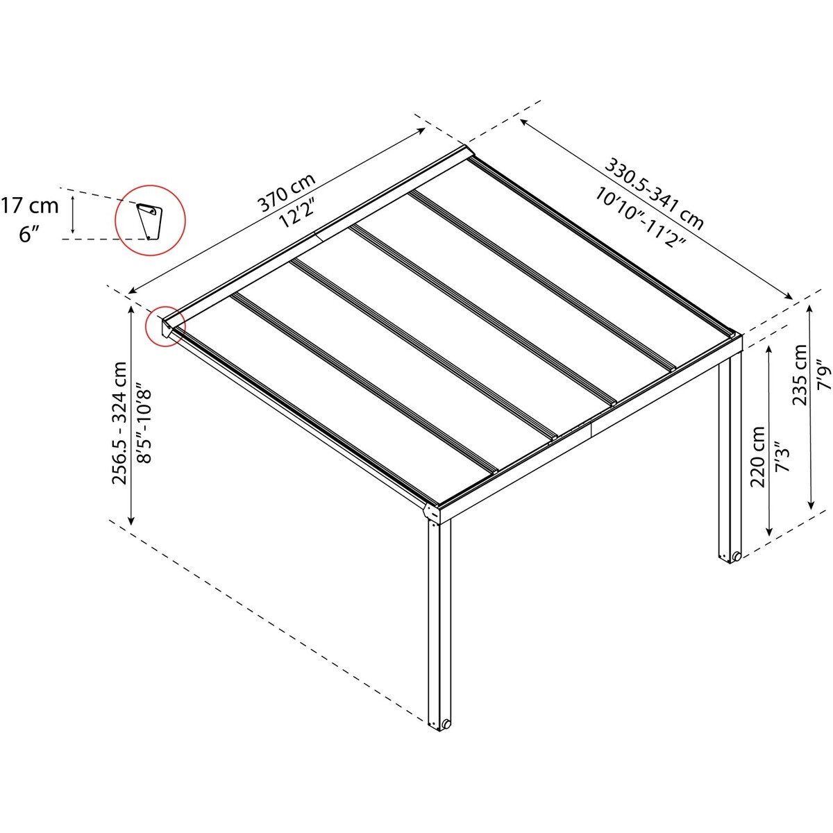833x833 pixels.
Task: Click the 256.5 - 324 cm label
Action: (119, 424)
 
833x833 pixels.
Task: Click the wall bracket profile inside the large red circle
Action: (149, 221)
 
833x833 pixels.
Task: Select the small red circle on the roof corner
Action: (165, 326)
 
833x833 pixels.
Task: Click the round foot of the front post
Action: (446, 723)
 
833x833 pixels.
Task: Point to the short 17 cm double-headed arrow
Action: (74, 214)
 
